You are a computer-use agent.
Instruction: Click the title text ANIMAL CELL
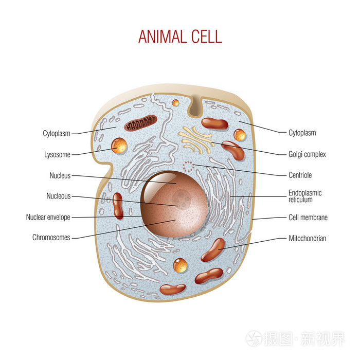tap(180, 37)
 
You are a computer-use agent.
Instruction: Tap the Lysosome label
tap(57, 154)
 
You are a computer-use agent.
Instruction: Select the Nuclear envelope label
tap(48, 217)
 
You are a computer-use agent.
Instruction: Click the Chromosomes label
tap(51, 237)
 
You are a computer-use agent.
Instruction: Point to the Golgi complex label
tap(307, 154)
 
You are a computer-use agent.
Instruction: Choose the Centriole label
tap(300, 175)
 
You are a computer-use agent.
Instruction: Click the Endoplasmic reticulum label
tap(305, 196)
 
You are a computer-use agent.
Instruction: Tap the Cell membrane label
tap(308, 217)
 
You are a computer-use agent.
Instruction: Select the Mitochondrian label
tap(308, 238)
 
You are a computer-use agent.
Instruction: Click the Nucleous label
tap(58, 196)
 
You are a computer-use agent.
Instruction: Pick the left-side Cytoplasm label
tap(57, 133)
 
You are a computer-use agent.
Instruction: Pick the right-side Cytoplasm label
tap(302, 133)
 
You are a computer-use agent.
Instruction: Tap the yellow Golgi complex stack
tap(195, 139)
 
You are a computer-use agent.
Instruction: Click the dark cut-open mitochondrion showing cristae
tap(141, 123)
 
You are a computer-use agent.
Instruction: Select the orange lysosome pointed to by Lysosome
tap(119, 146)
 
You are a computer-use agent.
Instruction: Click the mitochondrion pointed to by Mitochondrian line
tap(213, 250)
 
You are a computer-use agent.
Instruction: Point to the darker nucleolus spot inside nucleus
tap(182, 198)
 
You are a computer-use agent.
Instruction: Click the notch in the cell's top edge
tap(195, 106)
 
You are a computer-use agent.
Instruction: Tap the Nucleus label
tap(60, 175)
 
